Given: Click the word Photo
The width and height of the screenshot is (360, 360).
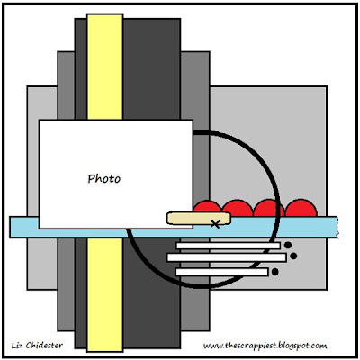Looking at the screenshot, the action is pyautogui.click(x=104, y=179).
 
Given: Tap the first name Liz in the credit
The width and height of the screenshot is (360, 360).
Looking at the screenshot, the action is pyautogui.click(x=17, y=346).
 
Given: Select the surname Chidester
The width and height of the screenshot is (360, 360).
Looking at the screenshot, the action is pyautogui.click(x=44, y=346).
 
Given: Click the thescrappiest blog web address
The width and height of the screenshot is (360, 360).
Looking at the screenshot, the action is pyautogui.click(x=265, y=346).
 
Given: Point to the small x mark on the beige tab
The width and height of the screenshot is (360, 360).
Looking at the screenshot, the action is pyautogui.click(x=215, y=223).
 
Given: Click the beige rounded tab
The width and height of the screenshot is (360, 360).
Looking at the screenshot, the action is pyautogui.click(x=199, y=218).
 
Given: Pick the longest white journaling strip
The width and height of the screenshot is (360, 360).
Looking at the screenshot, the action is pyautogui.click(x=227, y=257).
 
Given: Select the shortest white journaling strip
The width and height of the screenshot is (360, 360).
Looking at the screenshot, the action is pyautogui.click(x=221, y=272).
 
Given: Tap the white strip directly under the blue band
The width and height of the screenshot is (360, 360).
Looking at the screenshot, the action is pyautogui.click(x=228, y=246).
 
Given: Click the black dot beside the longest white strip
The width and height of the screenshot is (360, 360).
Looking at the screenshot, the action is pyautogui.click(x=293, y=256).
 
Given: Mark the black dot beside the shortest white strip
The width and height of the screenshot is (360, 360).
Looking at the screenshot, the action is pyautogui.click(x=274, y=272).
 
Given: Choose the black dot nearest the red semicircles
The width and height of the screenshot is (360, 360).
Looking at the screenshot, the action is pyautogui.click(x=288, y=245).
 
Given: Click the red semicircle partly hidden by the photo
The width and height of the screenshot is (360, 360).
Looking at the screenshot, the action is pyautogui.click(x=206, y=209).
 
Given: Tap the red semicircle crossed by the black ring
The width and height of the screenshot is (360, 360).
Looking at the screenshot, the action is pyautogui.click(x=269, y=208).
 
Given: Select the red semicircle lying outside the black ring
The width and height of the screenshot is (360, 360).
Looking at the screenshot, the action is pyautogui.click(x=301, y=208).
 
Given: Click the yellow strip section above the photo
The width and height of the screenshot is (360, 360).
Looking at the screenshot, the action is pyautogui.click(x=105, y=67).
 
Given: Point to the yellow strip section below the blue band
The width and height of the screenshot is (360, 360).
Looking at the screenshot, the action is pyautogui.click(x=105, y=294).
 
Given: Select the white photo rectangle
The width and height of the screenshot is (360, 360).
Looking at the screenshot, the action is pyautogui.click(x=116, y=174).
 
